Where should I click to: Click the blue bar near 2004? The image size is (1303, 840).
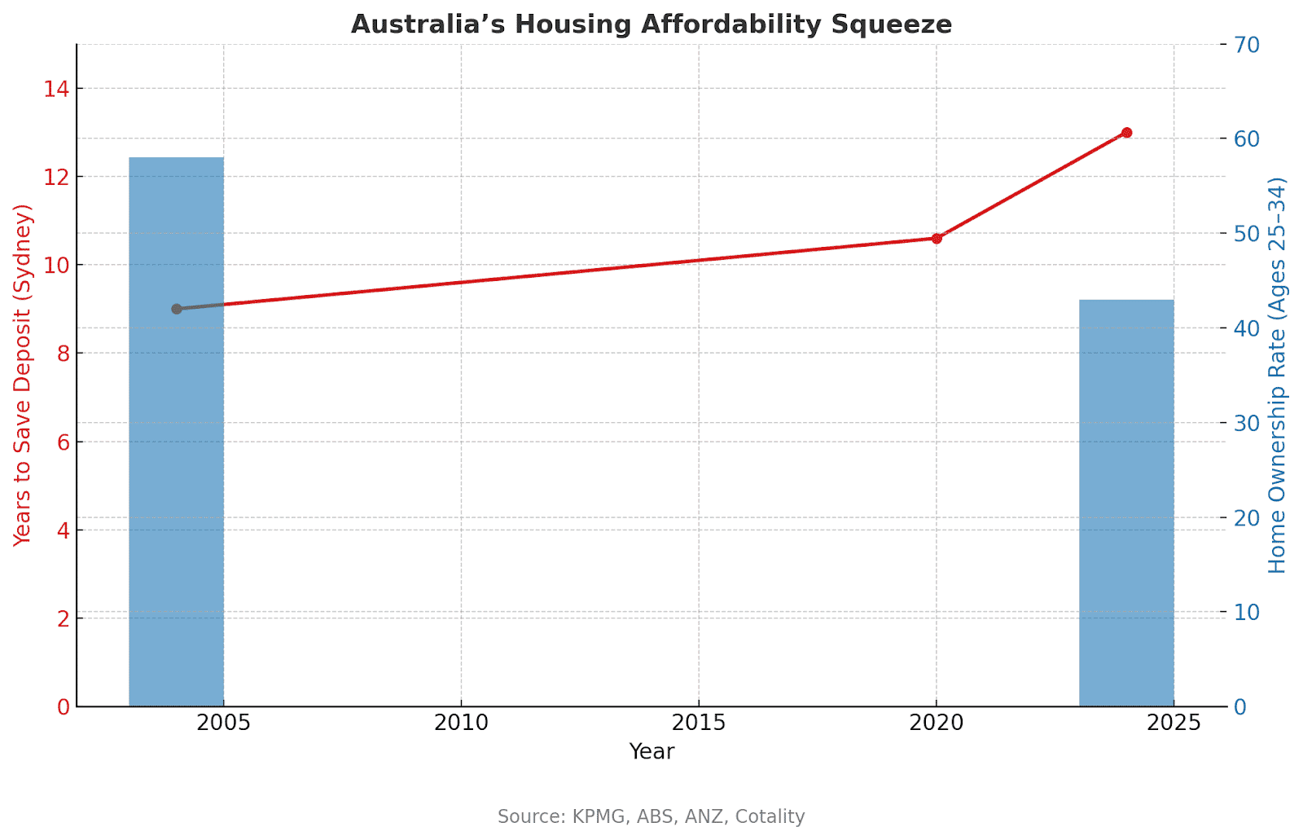pyautogui.click(x=177, y=432)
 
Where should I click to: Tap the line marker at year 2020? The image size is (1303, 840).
pyautogui.click(x=937, y=239)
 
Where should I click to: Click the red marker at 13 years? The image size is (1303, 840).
pyautogui.click(x=1126, y=133)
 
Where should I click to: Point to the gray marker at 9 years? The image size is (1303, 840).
pyautogui.click(x=177, y=309)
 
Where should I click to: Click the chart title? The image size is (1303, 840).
pyautogui.click(x=651, y=24)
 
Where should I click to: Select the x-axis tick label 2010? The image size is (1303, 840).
pyautogui.click(x=461, y=723)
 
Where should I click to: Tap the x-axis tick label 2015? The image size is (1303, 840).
pyautogui.click(x=699, y=723)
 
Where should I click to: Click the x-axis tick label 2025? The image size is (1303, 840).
pyautogui.click(x=1174, y=723)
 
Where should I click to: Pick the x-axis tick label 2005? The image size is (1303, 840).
pyautogui.click(x=224, y=723)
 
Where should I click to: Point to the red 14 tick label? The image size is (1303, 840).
pyautogui.click(x=56, y=89)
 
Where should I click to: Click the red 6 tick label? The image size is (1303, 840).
pyautogui.click(x=63, y=442)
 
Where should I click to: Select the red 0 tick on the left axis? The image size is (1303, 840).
pyautogui.click(x=63, y=707)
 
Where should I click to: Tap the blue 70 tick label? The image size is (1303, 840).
pyautogui.click(x=1247, y=45)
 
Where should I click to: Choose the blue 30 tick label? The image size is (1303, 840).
pyautogui.click(x=1247, y=423)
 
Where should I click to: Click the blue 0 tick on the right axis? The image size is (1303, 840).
pyautogui.click(x=1240, y=707)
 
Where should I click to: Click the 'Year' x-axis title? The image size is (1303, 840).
pyautogui.click(x=651, y=751)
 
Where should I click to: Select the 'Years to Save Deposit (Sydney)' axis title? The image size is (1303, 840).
pyautogui.click(x=23, y=375)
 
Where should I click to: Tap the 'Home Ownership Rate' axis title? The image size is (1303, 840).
pyautogui.click(x=1277, y=375)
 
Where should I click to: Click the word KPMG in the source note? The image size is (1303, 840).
pyautogui.click(x=596, y=816)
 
